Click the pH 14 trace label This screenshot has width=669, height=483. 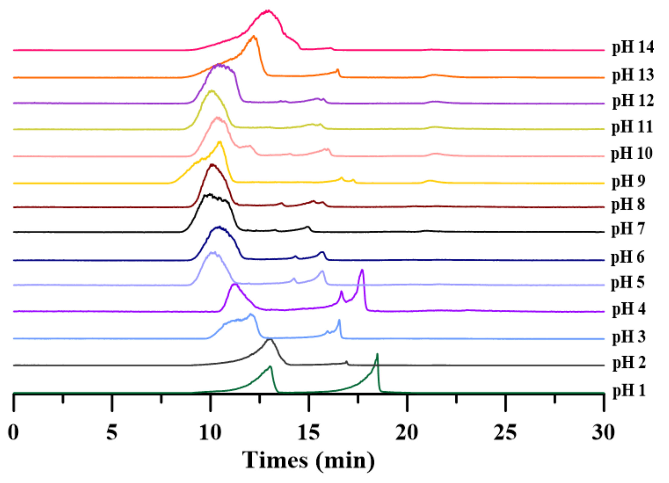(633, 47)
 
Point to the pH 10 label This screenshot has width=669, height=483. (632, 153)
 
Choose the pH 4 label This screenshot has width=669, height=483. (629, 309)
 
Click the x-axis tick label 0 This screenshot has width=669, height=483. (13, 433)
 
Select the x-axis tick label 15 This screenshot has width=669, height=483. (309, 433)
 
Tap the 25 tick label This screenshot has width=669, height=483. (505, 433)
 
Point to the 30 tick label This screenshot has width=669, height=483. (603, 433)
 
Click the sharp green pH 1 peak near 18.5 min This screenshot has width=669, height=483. (377, 354)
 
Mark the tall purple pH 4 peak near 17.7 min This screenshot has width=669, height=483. (362, 270)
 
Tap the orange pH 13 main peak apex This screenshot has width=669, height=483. (254, 37)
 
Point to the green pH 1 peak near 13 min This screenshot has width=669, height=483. (270, 366)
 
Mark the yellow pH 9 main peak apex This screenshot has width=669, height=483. (220, 142)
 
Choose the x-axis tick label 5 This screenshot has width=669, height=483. (112, 433)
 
